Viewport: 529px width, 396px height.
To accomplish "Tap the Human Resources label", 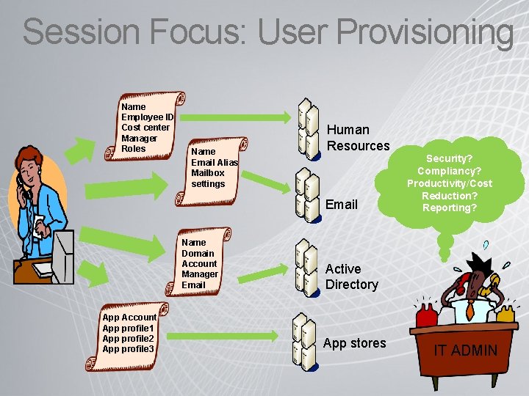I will coord(358,138).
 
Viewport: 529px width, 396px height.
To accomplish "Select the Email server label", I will coord(341,204).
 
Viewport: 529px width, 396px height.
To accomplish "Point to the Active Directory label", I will coord(351,276).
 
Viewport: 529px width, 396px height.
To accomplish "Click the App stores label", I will coord(354,343).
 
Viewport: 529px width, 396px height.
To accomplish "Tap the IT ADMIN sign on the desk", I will coord(465,351).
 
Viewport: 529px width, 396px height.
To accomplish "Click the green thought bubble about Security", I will coord(450,183).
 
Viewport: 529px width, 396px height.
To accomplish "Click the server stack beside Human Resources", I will coord(307,126).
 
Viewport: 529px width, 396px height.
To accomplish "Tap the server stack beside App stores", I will coord(303,340).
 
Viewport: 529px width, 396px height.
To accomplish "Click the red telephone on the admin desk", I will coord(427,314).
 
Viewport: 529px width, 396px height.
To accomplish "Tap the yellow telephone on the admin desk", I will coord(505,313).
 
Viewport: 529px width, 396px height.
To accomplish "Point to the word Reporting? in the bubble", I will coord(450,208).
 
